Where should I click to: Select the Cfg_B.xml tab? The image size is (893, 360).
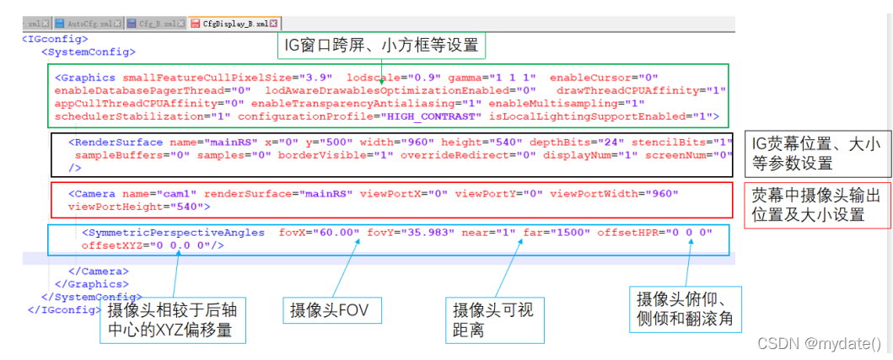pos(157,24)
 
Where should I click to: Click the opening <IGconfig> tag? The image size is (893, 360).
pos(55,39)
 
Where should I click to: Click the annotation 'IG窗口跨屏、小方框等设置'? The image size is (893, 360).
pos(382,44)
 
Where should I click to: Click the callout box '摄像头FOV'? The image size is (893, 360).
pos(331,309)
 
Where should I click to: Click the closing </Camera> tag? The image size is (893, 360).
pos(98,271)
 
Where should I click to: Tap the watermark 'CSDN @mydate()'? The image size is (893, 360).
pos(820,343)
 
